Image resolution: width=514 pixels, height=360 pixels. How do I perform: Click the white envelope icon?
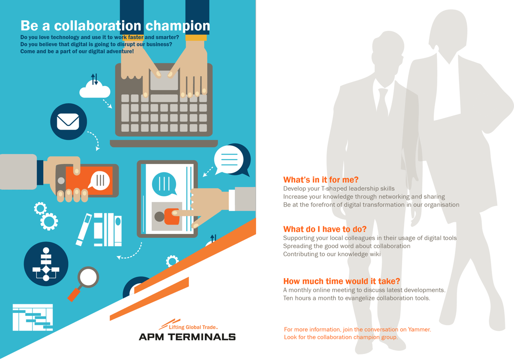pos(68,121)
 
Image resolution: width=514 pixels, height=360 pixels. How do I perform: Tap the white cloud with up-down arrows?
pos(95,88)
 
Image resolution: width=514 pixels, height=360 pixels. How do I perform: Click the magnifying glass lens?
pos(88,277)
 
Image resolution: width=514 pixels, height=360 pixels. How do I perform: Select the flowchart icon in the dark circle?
pos(46,264)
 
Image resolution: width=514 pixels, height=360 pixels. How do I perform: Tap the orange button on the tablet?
pos(172,216)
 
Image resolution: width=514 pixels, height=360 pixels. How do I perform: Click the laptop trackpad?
pos(164,80)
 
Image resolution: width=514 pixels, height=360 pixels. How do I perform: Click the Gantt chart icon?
pos(33,317)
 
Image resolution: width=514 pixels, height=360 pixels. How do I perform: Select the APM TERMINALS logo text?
pos(187,337)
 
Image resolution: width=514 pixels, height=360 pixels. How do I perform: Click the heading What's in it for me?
pos(320,180)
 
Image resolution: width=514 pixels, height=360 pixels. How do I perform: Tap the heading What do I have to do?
pos(325,229)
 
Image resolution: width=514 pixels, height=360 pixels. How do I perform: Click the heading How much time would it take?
pos(341,281)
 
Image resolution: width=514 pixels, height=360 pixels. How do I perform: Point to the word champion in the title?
pos(178,26)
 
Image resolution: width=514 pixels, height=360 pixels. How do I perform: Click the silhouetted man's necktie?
pos(383,101)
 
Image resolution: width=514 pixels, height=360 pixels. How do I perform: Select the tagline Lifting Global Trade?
pos(193,327)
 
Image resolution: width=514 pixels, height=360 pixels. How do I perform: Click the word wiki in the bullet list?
pos(375,254)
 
